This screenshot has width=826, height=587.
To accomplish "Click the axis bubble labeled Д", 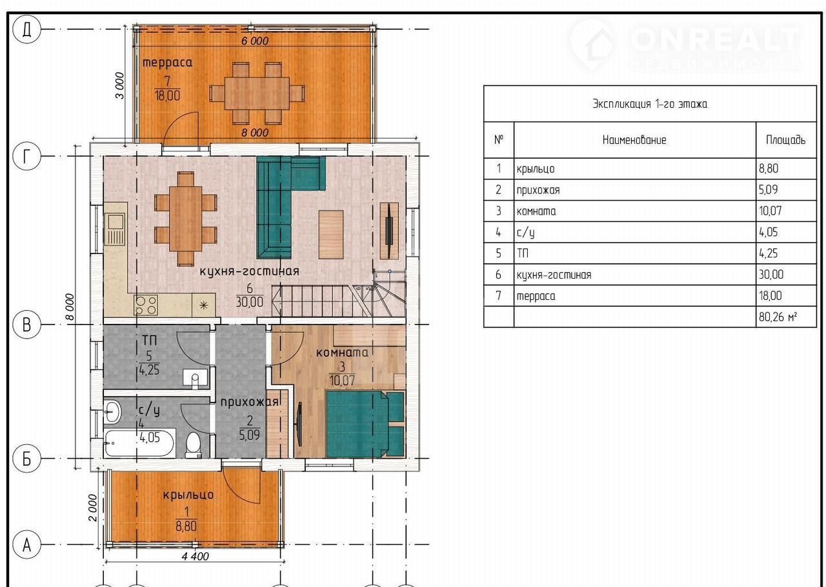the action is (x=26, y=30).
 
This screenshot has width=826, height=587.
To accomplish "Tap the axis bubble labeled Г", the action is (x=26, y=156).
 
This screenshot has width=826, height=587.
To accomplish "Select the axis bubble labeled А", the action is (x=26, y=544).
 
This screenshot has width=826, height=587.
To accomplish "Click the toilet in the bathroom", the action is (x=193, y=446).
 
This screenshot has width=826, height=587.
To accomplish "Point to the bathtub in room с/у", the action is (x=139, y=443).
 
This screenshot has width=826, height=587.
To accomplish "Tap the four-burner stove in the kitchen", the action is (x=146, y=306).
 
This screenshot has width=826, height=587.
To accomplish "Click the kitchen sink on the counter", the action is (x=115, y=230).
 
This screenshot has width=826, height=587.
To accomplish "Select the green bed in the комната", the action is (x=365, y=424).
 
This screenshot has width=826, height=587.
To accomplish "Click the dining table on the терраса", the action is (x=257, y=94).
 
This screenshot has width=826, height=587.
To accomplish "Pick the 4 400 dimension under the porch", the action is (x=196, y=557).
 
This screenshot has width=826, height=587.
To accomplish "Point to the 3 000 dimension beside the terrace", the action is (x=120, y=86).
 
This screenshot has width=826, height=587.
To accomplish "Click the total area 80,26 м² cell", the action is (x=778, y=317).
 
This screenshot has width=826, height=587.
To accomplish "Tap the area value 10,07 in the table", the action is (x=770, y=211).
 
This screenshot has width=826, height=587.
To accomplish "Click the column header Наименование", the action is (x=634, y=140).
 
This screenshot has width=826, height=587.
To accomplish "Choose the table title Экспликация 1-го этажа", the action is (x=650, y=104).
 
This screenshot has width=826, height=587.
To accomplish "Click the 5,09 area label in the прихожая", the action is (x=249, y=435).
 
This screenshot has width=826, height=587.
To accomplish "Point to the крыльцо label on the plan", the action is (x=188, y=495).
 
